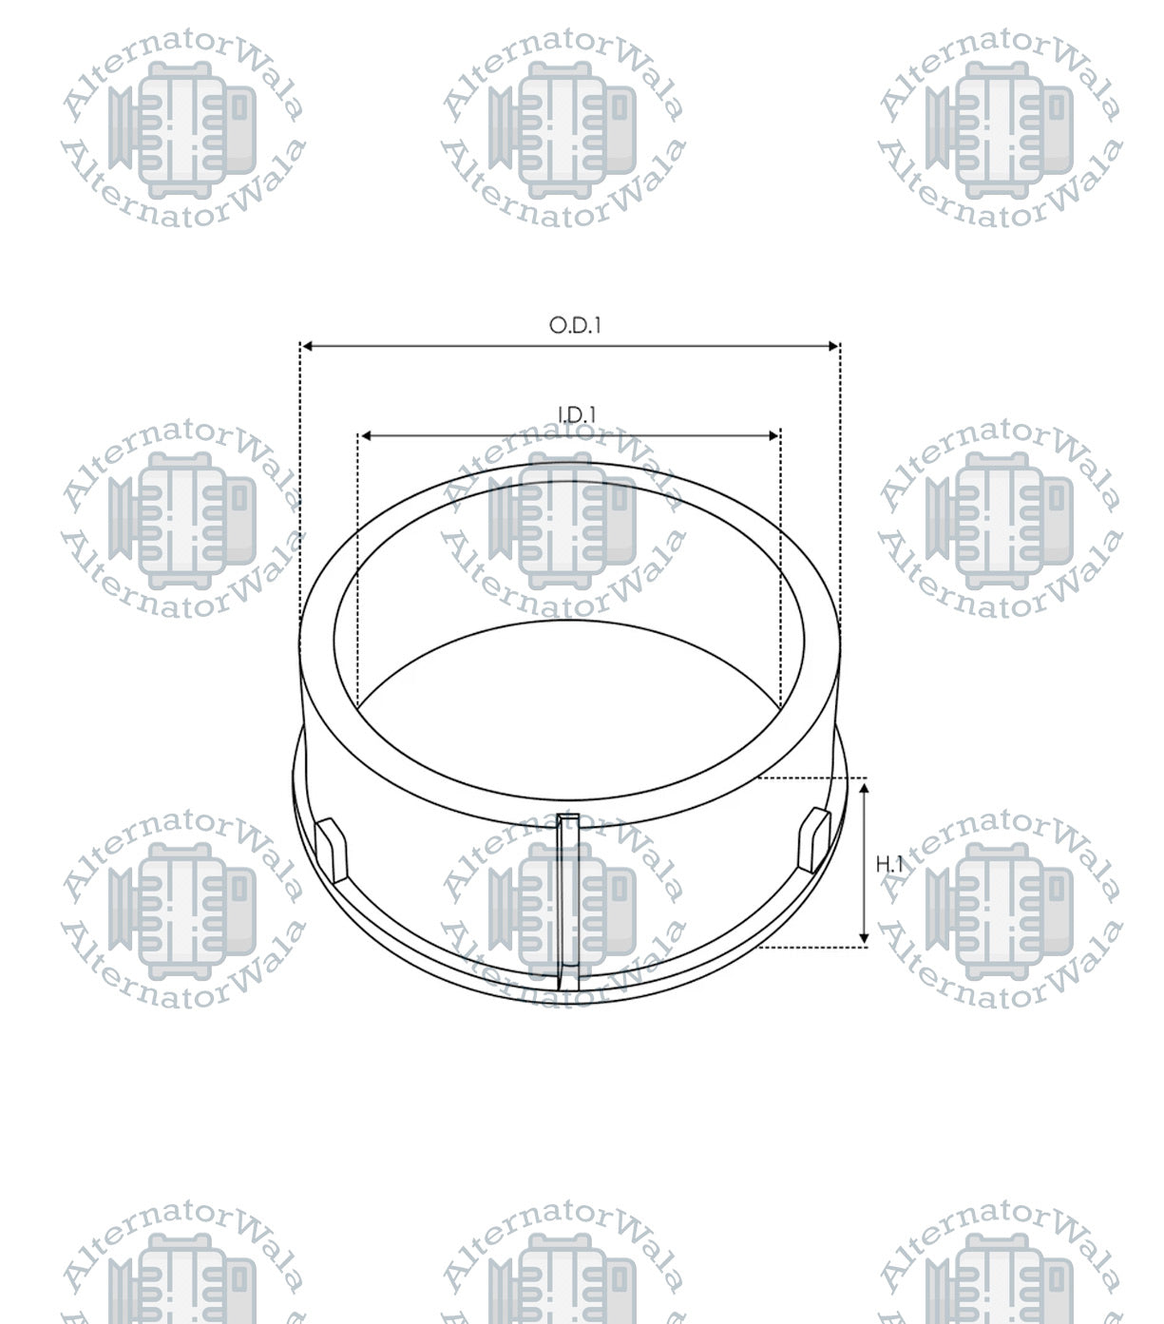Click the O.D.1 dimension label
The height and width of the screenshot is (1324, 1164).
[x=575, y=325]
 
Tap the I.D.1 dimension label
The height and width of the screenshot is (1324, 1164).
[x=576, y=414]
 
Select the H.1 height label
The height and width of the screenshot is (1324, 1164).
[x=889, y=864]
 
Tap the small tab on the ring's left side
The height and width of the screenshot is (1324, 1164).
[x=332, y=847]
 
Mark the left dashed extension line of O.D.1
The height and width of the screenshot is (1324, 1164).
[x=300, y=475]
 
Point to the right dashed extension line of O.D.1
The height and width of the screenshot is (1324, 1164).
[x=840, y=475]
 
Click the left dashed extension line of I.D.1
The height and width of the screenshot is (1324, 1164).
[x=358, y=570]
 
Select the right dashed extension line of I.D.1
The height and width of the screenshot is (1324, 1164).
[x=780, y=570]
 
